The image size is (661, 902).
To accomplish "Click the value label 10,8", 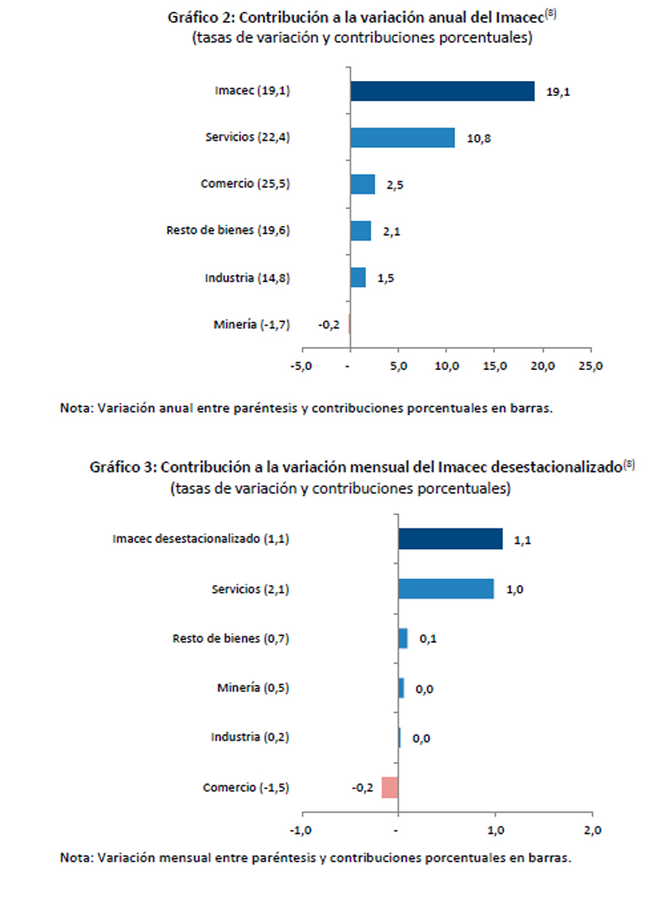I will pyautogui.click(x=478, y=138).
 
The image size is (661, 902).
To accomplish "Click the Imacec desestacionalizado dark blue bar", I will pyautogui.click(x=450, y=539).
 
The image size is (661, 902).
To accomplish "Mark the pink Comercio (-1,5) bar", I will pyautogui.click(x=390, y=787).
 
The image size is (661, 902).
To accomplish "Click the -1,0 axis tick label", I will pyautogui.click(x=301, y=830).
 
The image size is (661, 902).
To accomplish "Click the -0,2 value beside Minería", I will pyautogui.click(x=329, y=324).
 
